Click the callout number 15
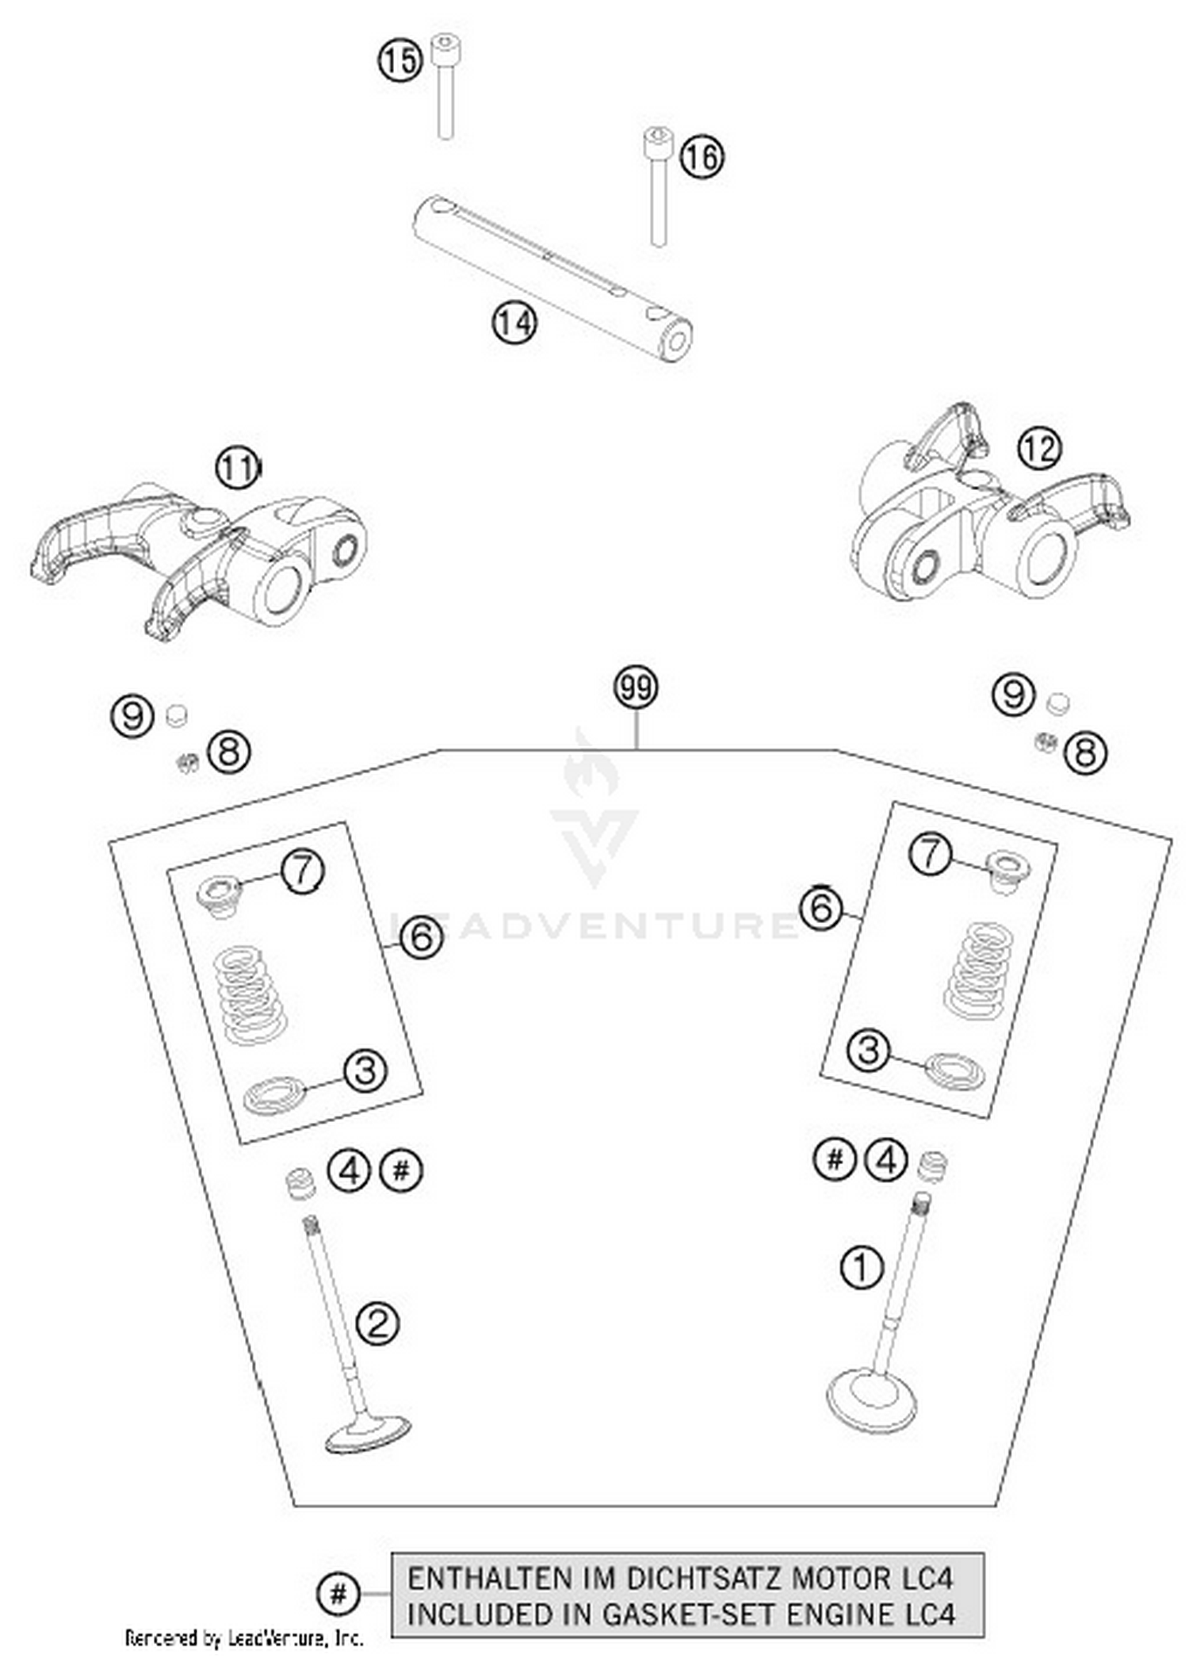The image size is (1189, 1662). point(400,61)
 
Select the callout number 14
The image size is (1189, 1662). point(514,324)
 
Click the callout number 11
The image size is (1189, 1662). point(238,469)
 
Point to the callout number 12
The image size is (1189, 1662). point(1039,450)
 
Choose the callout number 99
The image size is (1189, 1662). point(637,687)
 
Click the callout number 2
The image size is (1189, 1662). point(377,1323)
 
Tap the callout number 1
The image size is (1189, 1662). point(861,1266)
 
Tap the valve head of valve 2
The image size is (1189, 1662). point(368,1434)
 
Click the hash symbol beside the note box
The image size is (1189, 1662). point(338,1594)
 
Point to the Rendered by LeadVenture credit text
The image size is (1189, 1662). point(244,1637)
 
